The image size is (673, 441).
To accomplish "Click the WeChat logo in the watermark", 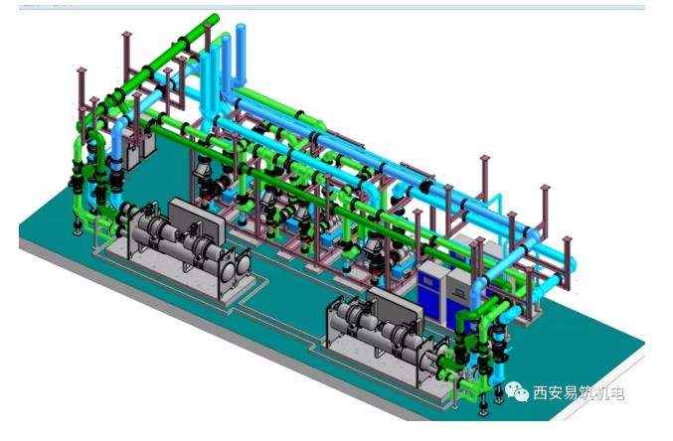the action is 516,391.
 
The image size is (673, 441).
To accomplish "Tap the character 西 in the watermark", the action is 541,392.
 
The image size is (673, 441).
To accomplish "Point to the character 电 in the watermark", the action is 616,392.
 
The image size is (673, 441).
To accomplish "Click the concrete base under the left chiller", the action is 180,274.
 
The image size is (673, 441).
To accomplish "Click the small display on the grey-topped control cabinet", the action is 461,293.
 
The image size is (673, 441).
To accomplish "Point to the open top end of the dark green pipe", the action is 214,19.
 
